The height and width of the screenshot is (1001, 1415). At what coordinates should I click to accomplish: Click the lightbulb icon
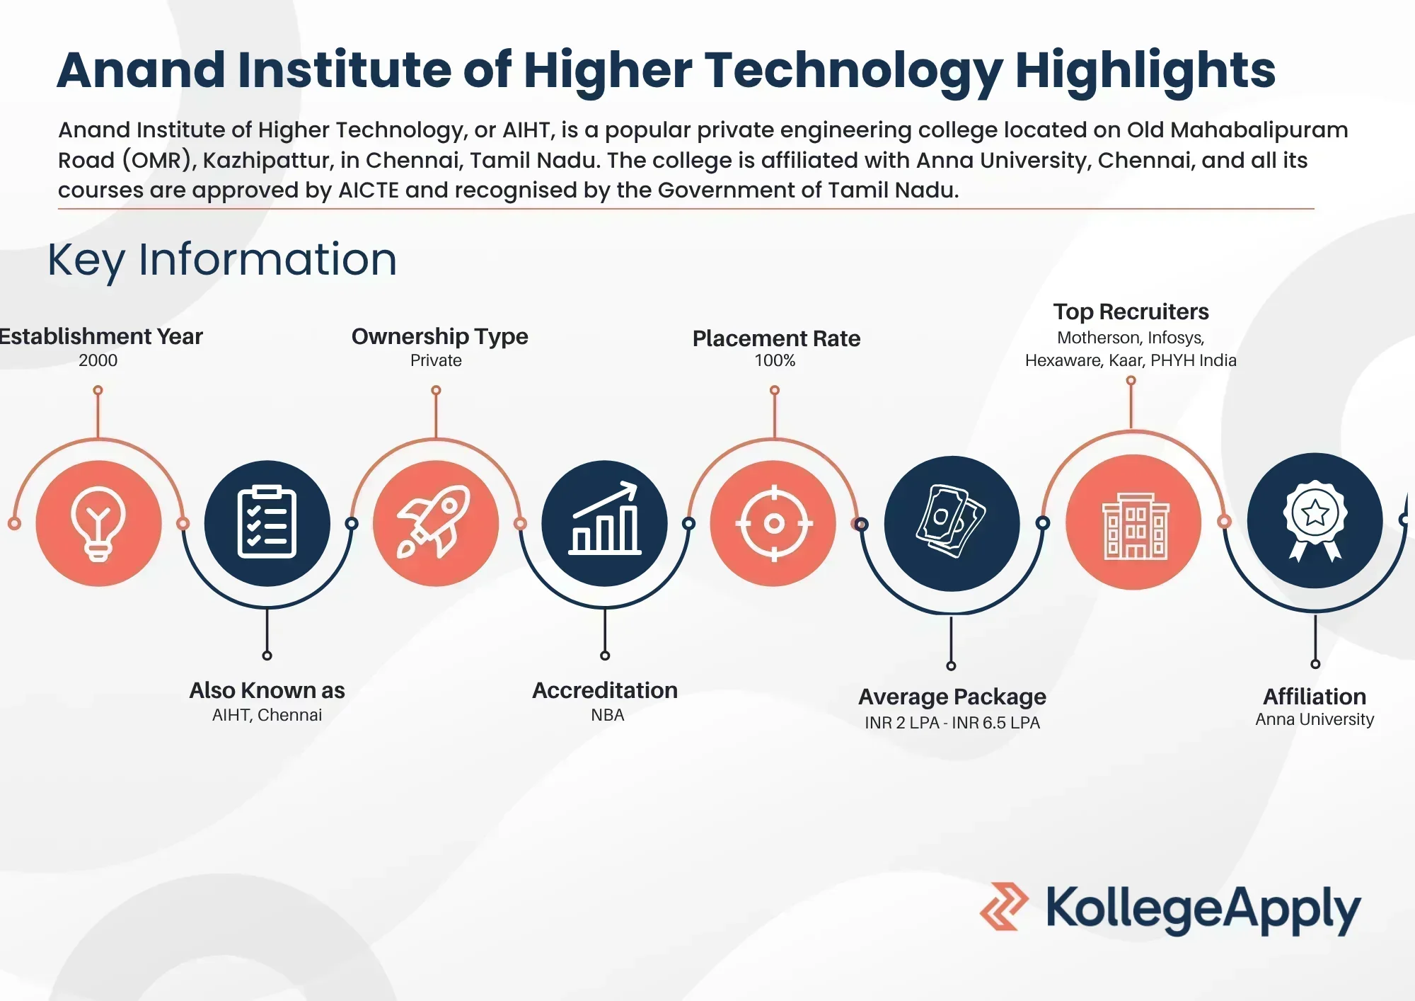(98, 524)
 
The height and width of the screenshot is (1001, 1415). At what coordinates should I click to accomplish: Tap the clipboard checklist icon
(267, 522)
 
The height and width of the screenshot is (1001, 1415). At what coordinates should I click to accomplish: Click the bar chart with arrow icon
(605, 518)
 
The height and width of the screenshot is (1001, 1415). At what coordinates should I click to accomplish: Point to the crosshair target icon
(774, 524)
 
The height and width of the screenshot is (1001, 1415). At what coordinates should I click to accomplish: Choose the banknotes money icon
(952, 522)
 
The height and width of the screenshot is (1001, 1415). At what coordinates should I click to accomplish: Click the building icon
(1135, 526)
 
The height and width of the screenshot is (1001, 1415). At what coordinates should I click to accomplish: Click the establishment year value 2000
(98, 360)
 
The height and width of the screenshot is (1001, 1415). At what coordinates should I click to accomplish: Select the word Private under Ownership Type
(436, 360)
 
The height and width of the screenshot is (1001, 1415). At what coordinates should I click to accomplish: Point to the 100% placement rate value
(775, 360)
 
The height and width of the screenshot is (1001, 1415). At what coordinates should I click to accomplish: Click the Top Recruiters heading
(1131, 311)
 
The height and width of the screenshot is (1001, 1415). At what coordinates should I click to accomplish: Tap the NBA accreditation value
(608, 715)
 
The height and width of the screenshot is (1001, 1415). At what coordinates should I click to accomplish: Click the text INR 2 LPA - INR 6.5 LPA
(952, 723)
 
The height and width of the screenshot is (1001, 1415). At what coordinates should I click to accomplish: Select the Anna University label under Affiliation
(1315, 719)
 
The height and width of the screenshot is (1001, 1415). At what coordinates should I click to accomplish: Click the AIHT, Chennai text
(267, 715)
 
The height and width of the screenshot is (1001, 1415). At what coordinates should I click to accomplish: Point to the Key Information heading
(222, 260)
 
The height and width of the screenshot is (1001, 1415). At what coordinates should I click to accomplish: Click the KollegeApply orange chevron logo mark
(1004, 906)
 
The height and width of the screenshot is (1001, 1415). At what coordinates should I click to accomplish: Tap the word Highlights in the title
(1145, 71)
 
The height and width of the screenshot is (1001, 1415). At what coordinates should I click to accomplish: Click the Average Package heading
(952, 697)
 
